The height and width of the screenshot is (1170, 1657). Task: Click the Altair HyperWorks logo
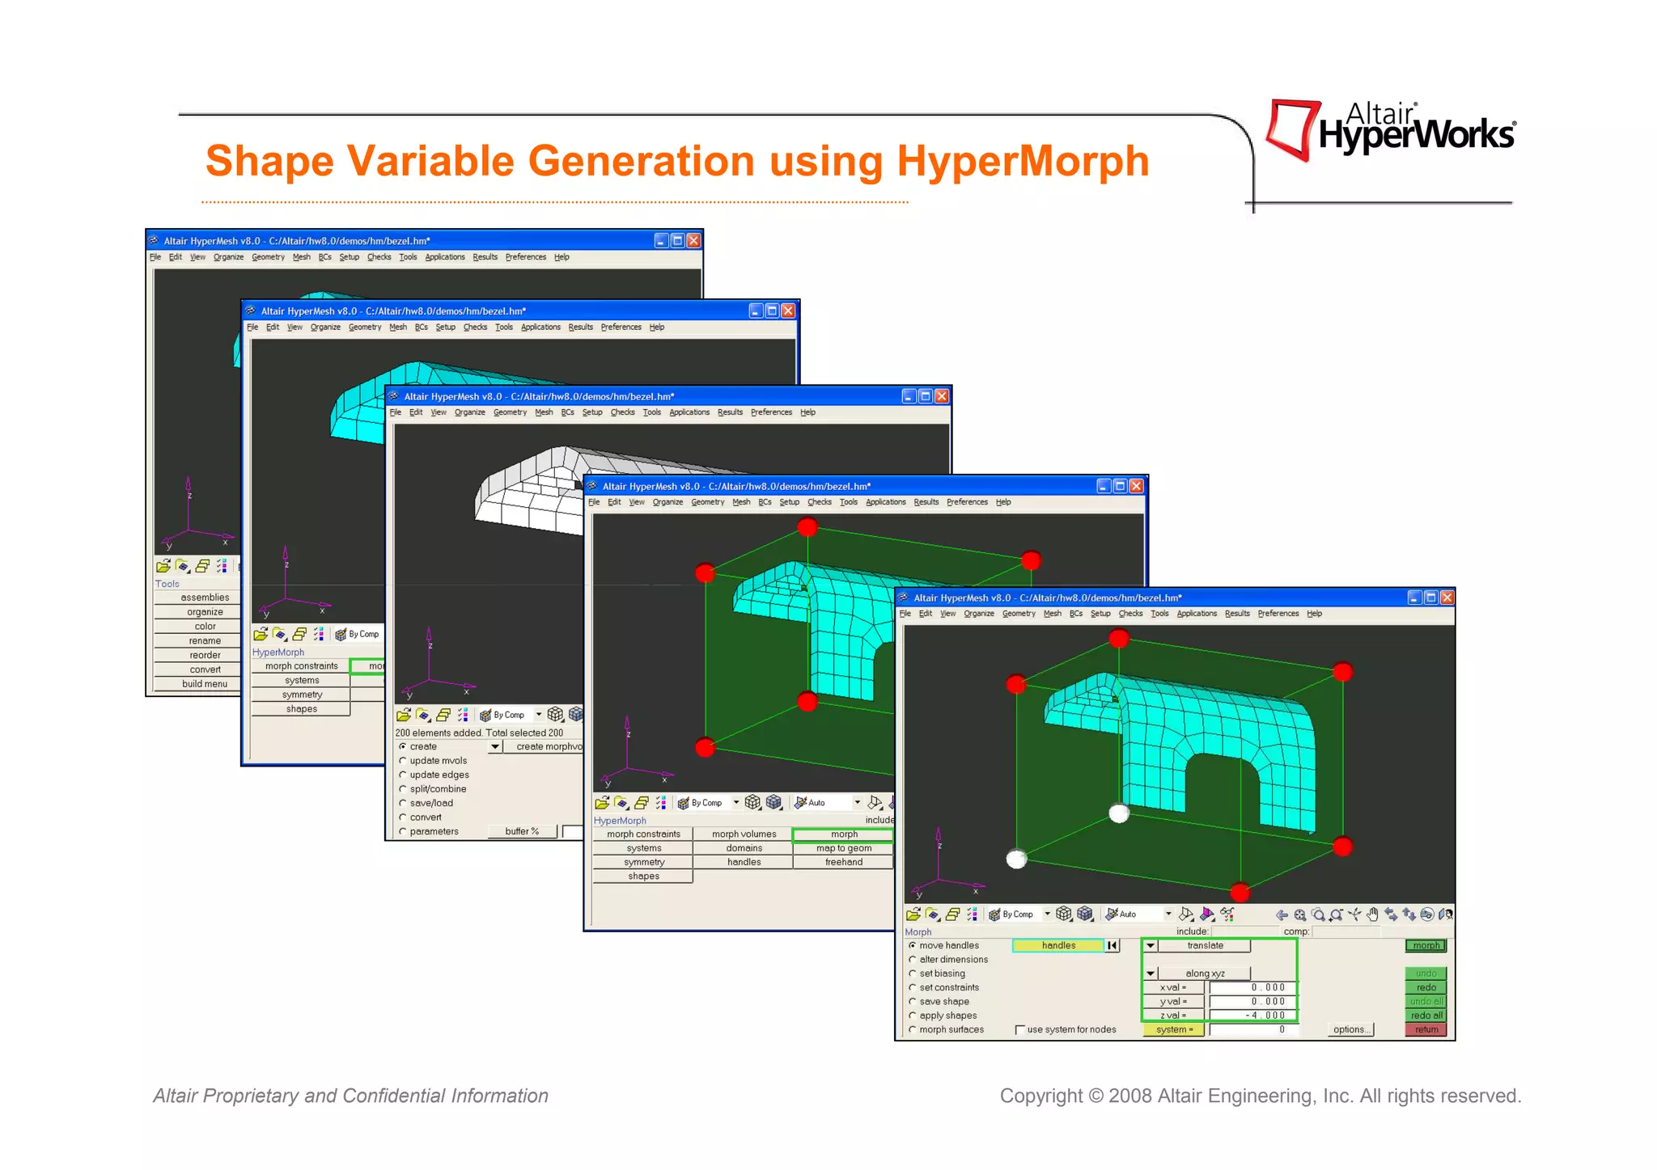click(x=1390, y=130)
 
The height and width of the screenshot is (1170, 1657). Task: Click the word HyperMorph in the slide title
click(x=1023, y=161)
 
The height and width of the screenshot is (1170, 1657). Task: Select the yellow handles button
click(x=1058, y=945)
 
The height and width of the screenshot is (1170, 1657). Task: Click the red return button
click(x=1426, y=1030)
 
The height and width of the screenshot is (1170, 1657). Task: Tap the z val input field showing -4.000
click(x=1252, y=1016)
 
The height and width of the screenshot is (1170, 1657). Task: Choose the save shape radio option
click(x=913, y=1002)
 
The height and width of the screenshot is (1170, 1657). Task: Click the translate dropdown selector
click(x=1204, y=945)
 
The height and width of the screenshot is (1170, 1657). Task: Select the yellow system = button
click(x=1173, y=1030)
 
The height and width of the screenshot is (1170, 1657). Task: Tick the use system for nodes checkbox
click(x=1020, y=1030)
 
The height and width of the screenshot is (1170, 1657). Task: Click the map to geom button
click(x=843, y=848)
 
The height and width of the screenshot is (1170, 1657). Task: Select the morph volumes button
click(x=744, y=834)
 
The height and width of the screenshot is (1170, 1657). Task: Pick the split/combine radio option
click(x=403, y=789)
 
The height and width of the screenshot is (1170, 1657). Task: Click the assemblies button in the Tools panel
click(x=205, y=598)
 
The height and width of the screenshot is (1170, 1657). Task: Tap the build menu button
click(x=205, y=684)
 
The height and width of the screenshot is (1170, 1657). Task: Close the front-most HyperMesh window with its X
click(x=1447, y=598)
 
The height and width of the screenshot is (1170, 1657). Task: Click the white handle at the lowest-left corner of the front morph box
click(x=1016, y=859)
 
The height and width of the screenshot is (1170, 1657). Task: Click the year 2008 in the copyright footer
click(x=1130, y=1096)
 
